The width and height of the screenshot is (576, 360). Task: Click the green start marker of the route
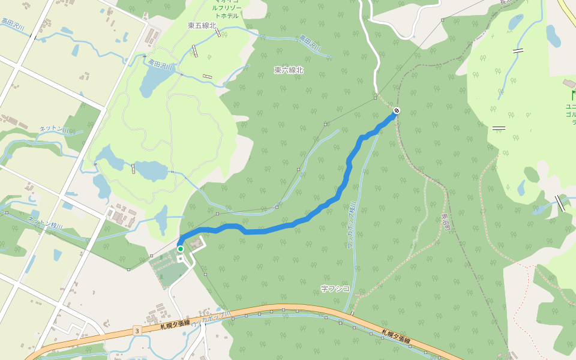(180, 249)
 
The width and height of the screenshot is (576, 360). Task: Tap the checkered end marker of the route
(397, 110)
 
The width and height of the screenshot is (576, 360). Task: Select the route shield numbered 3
(137, 331)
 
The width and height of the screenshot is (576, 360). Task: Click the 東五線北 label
(202, 25)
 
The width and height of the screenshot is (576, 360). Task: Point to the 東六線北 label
(289, 70)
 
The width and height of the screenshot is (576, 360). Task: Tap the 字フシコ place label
(335, 289)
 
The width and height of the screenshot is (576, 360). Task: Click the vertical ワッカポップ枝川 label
(351, 225)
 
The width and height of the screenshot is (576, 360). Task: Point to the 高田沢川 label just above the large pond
(160, 62)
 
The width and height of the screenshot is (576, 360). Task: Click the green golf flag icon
(573, 95)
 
